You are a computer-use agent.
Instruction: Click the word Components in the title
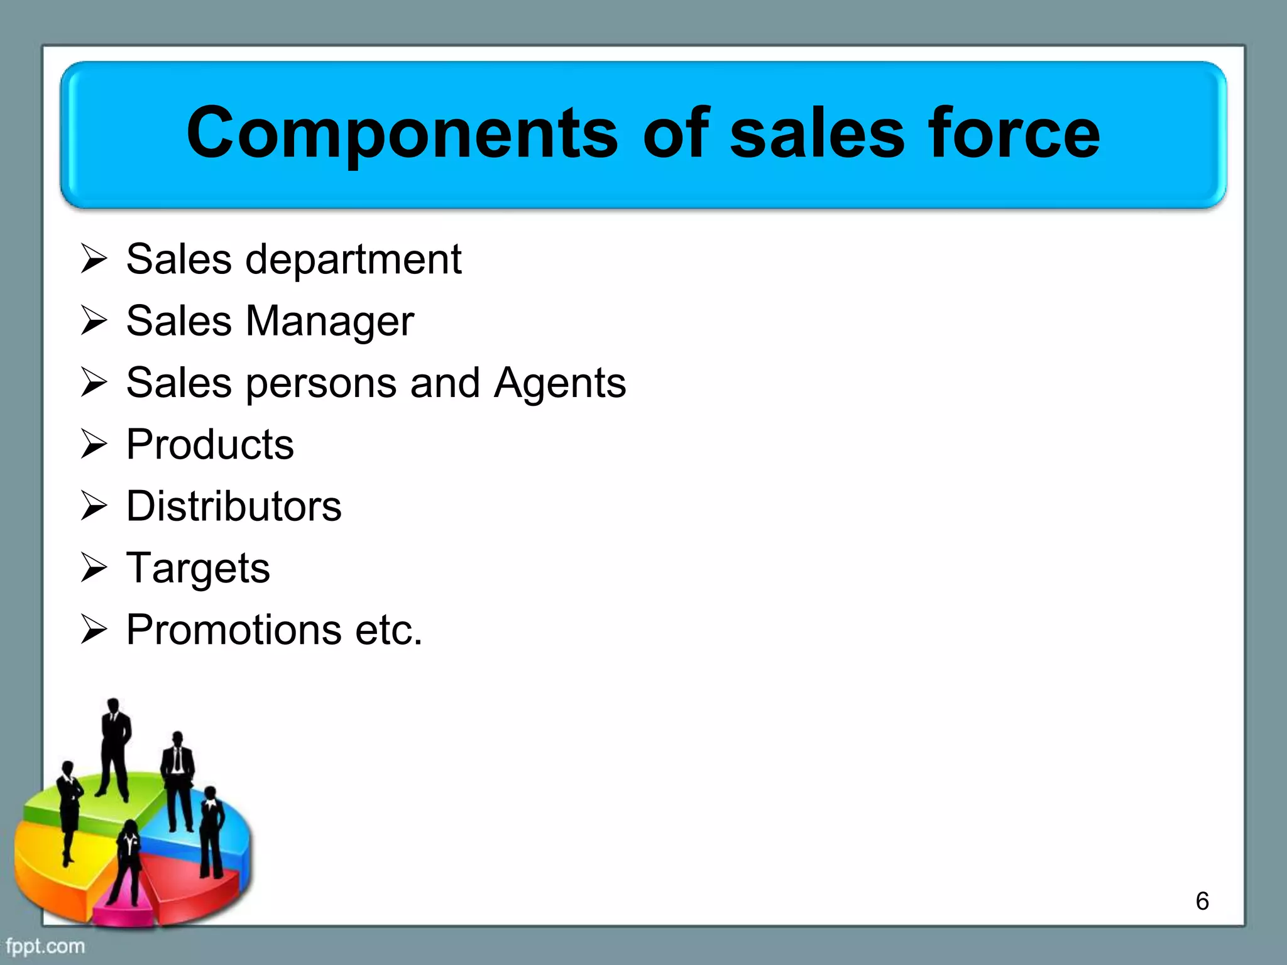click(x=402, y=133)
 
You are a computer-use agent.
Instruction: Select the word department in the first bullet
click(x=353, y=260)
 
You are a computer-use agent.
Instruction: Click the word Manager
click(x=329, y=321)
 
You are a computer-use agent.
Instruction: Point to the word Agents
click(x=559, y=383)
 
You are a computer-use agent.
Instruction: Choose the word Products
click(x=210, y=445)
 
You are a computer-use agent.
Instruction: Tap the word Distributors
click(x=234, y=506)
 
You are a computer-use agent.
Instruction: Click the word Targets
click(x=198, y=569)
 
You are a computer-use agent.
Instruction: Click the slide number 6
click(x=1202, y=901)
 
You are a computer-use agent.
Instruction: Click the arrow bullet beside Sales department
click(x=94, y=259)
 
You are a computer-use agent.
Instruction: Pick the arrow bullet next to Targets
click(x=94, y=568)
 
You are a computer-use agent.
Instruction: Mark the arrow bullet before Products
click(x=94, y=445)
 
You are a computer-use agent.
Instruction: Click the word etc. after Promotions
click(x=388, y=630)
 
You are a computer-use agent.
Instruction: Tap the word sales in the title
click(x=817, y=133)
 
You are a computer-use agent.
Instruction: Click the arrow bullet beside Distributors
click(x=94, y=506)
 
